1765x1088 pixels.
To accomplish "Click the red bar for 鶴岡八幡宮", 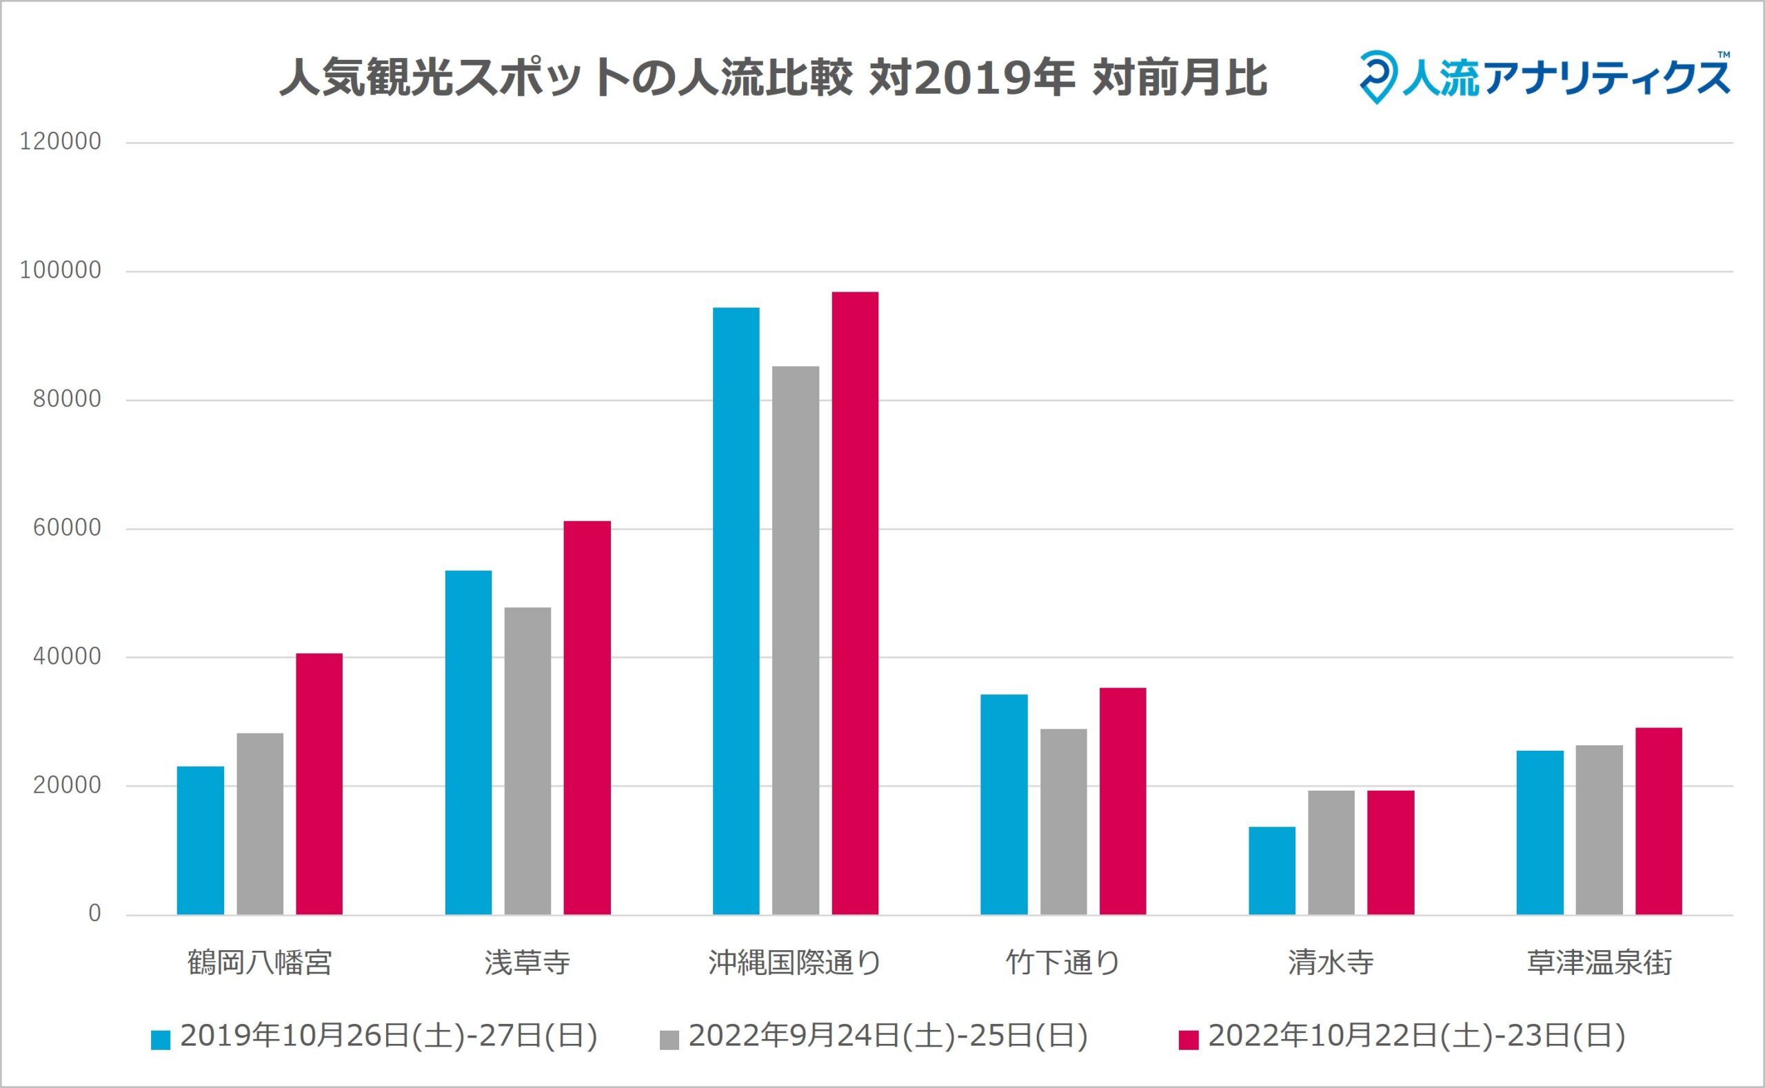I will coord(319,784).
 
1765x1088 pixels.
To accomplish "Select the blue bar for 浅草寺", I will coord(468,742).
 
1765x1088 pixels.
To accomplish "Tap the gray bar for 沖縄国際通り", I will coord(795,641).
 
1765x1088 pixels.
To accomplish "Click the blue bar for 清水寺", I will coord(1271,871).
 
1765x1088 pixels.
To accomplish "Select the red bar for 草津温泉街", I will coord(1659,821).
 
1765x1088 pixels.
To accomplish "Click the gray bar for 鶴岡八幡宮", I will coord(260,824).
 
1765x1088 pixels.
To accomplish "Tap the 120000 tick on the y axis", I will coord(61,142).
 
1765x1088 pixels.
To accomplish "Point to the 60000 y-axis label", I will coord(67,528).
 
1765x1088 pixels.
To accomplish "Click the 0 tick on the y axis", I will coord(94,914).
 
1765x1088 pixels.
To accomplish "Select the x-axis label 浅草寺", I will coord(527,963).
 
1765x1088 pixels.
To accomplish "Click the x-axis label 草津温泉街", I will coord(1599,963).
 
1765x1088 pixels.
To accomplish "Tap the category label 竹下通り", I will coord(1062,963).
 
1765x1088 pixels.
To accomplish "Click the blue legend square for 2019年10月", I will coord(161,1040).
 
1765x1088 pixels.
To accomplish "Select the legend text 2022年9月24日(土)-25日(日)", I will coord(888,1036).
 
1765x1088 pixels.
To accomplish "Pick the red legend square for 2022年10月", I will coord(1189,1040).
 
